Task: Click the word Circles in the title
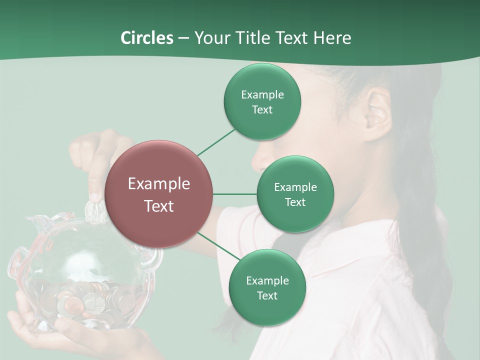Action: (x=146, y=38)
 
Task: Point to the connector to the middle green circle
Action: (x=235, y=194)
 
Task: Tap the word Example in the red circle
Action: (x=159, y=184)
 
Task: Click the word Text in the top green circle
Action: (x=262, y=110)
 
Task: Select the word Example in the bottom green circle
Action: (x=267, y=280)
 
